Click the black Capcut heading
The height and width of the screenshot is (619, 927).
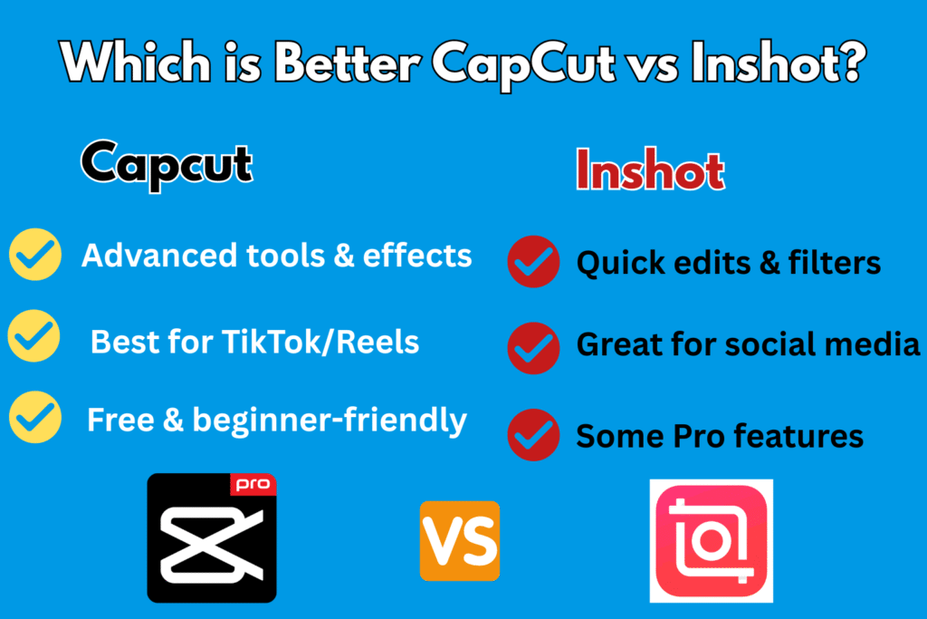(167, 165)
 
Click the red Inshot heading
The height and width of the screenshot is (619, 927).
(650, 169)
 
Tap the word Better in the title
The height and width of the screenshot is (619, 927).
(348, 63)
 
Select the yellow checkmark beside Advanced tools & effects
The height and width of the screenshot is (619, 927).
(35, 255)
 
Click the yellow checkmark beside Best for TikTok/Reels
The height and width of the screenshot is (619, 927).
(34, 335)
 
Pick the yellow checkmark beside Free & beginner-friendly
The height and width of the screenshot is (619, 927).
(35, 417)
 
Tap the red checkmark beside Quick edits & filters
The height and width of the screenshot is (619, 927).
(533, 262)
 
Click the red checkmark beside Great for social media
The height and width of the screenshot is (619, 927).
(533, 348)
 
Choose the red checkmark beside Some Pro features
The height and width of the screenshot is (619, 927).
(533, 435)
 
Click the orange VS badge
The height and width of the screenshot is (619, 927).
(460, 541)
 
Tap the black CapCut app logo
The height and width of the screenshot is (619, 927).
(212, 538)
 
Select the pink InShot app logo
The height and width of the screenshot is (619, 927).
(712, 541)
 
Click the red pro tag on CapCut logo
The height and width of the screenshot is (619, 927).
(253, 485)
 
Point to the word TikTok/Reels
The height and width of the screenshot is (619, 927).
(320, 342)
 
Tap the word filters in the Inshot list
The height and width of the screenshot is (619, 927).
(834, 263)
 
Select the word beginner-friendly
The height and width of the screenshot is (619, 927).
(330, 421)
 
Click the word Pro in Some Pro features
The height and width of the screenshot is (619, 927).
(699, 436)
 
